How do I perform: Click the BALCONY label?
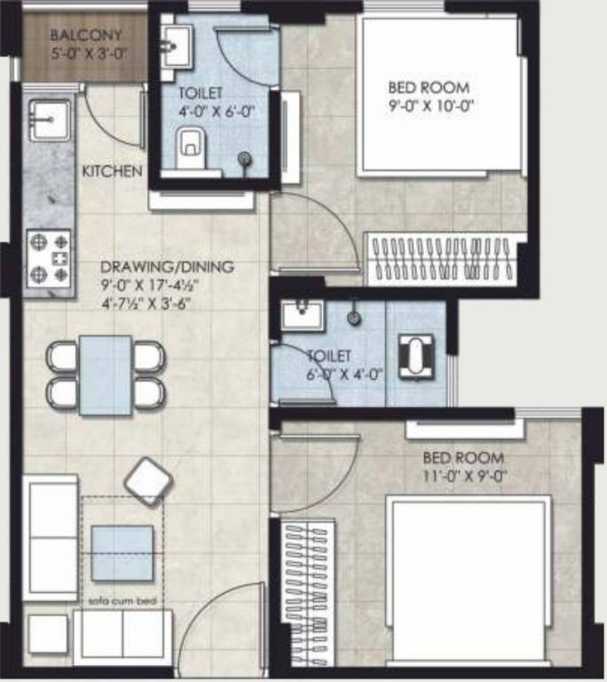tap(86, 36)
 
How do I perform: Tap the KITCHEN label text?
tap(112, 170)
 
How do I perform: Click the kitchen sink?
tap(48, 119)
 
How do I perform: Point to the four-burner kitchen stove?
tap(49, 258)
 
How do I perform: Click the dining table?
tap(106, 375)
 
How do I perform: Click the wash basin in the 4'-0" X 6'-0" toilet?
tap(177, 45)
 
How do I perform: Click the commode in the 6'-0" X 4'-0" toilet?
tap(415, 357)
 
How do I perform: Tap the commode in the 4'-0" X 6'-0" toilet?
tap(190, 147)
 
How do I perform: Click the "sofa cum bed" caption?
tap(122, 601)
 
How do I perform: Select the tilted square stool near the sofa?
tap(147, 482)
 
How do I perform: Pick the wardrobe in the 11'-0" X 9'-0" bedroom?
tap(308, 572)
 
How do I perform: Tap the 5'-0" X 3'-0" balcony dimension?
tap(86, 52)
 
